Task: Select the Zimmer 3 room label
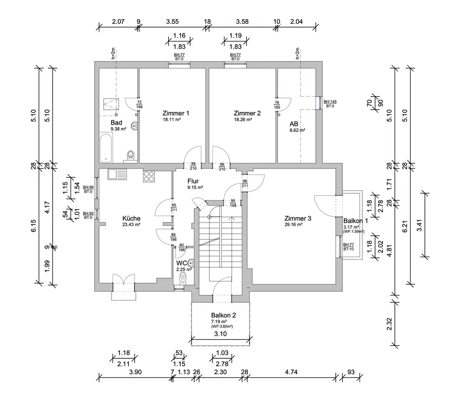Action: (297, 218)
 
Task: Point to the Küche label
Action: (131, 218)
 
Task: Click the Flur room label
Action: (194, 181)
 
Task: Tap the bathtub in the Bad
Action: (106, 147)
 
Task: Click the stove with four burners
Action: (149, 176)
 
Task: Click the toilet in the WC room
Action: (183, 279)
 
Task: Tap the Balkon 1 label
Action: (355, 221)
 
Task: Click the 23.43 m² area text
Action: (131, 224)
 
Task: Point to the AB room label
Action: (294, 124)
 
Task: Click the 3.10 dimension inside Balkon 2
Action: (220, 334)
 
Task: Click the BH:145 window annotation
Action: (330, 102)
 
